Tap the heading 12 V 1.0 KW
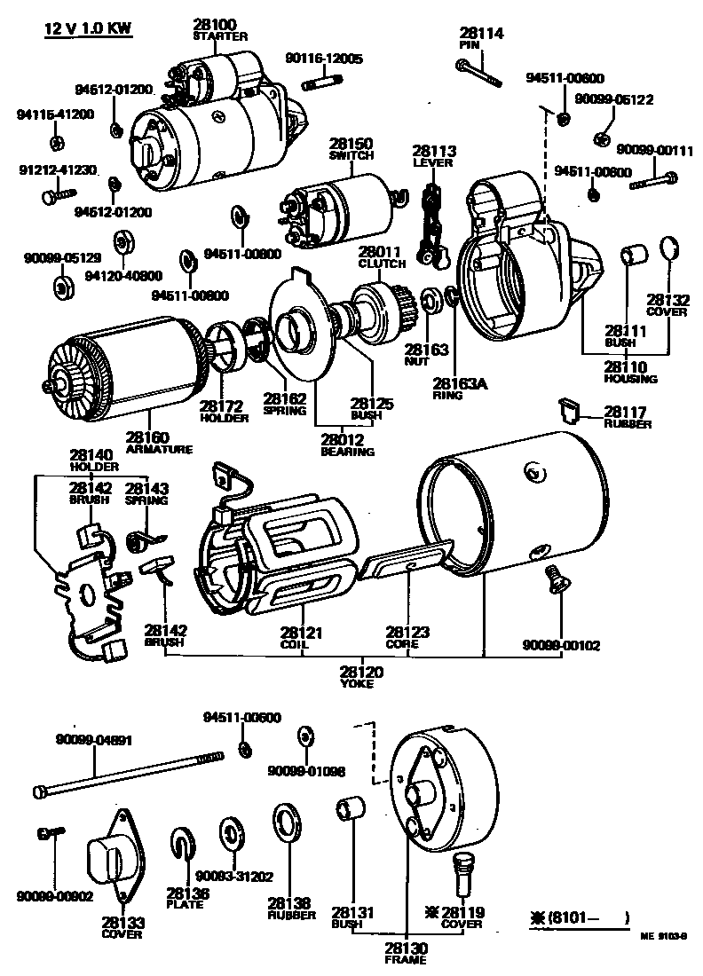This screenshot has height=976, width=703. (x=88, y=29)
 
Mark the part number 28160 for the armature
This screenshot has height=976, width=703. (x=147, y=437)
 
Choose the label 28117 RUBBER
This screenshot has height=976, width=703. (x=627, y=416)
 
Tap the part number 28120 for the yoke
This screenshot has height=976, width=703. (x=361, y=673)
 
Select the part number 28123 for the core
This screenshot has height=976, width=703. (x=407, y=632)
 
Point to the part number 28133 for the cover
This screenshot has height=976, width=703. (x=122, y=923)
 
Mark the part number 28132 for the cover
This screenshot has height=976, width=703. (x=667, y=300)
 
